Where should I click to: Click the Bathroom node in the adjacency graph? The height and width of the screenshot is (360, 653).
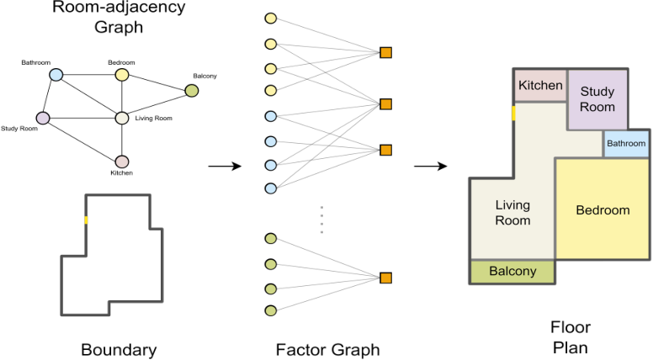point(56,75)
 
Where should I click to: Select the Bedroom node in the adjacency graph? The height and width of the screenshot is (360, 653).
point(122,75)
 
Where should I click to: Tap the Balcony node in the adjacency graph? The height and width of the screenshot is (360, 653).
point(191,91)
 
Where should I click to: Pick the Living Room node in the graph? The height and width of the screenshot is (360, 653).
point(121,118)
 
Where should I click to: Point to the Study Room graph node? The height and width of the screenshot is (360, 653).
point(43,118)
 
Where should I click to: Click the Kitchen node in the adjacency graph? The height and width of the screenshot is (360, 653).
point(121,161)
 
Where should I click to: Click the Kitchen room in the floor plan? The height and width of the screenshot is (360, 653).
point(540,86)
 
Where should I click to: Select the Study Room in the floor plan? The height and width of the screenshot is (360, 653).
point(597,98)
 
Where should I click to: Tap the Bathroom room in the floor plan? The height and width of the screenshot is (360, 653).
point(626,144)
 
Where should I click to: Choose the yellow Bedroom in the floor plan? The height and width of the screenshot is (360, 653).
point(602,209)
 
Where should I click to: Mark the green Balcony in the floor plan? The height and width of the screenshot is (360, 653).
point(512,272)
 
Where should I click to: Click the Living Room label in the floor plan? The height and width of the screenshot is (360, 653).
point(512,212)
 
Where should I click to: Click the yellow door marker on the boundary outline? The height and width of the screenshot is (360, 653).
point(85,220)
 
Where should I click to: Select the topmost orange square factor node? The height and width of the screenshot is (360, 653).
point(385,53)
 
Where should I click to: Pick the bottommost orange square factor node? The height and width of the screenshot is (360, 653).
point(385,278)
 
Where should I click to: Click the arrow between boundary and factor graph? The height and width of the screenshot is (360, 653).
point(224,166)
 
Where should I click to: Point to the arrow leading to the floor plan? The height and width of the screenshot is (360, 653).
point(429,166)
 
